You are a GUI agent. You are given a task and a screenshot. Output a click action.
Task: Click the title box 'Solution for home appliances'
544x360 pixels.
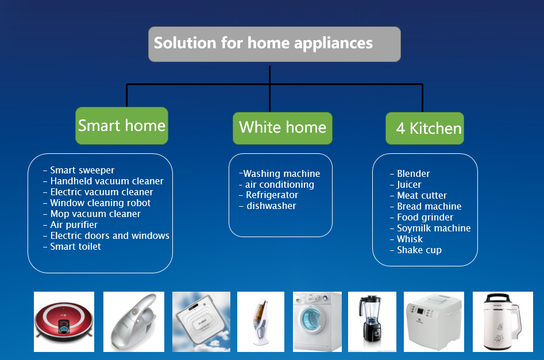point(275,44)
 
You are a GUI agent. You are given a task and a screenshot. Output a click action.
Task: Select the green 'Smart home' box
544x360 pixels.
point(122,126)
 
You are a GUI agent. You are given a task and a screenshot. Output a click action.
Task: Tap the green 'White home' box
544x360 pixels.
point(283,128)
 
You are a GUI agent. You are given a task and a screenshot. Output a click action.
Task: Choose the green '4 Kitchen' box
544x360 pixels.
point(425,128)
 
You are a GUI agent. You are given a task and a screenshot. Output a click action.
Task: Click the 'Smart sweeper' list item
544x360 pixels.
point(82,170)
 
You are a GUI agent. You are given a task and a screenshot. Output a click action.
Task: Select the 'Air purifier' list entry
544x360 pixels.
point(74,224)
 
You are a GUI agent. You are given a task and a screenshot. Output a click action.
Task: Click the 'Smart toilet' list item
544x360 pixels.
point(75,246)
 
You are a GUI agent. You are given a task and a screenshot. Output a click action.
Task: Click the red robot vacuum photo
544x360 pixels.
point(64,322)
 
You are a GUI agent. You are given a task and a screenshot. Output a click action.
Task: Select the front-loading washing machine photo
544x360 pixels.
point(317,322)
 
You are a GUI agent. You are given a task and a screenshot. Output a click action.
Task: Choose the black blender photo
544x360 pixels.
point(372,322)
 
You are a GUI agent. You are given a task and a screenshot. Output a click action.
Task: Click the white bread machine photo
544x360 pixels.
point(434,322)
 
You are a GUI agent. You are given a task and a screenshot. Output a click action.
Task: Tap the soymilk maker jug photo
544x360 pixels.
point(503,322)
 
